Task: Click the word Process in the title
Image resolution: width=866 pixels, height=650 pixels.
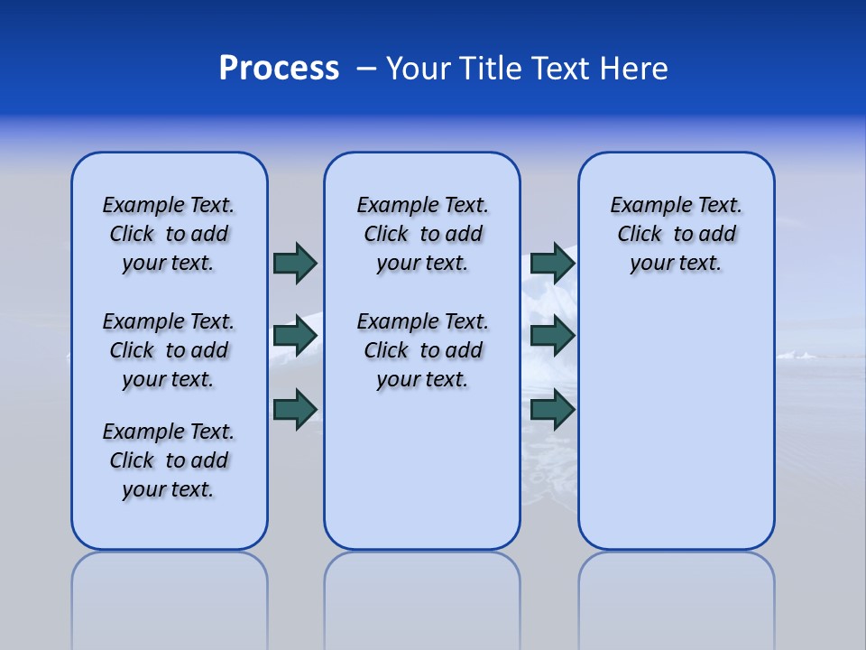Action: pyautogui.click(x=279, y=69)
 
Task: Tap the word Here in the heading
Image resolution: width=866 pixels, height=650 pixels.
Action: pyautogui.click(x=631, y=69)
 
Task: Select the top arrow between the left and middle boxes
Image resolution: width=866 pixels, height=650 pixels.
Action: pyautogui.click(x=295, y=263)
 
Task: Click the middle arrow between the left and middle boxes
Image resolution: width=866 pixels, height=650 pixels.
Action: pyautogui.click(x=295, y=336)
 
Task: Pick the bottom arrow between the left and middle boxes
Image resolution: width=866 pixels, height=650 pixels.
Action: pyautogui.click(x=295, y=409)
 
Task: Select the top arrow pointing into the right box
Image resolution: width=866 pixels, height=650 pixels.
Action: pyautogui.click(x=552, y=263)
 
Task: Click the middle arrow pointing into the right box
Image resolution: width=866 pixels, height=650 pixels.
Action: pyautogui.click(x=552, y=336)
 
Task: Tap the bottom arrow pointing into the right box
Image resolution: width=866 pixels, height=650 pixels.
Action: pyautogui.click(x=552, y=410)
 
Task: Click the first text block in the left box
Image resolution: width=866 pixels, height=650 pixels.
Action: pyautogui.click(x=169, y=234)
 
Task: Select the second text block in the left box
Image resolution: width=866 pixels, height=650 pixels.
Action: pyautogui.click(x=169, y=350)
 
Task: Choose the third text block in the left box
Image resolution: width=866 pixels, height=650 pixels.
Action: pyautogui.click(x=169, y=460)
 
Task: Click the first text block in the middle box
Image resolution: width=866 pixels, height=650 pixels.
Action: pyautogui.click(x=422, y=234)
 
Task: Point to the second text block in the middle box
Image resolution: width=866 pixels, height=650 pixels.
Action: pyautogui.click(x=422, y=350)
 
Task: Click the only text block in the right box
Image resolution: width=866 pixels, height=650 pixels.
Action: pyautogui.click(x=676, y=234)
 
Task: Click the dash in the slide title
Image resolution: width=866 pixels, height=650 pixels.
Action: pyautogui.click(x=366, y=69)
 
